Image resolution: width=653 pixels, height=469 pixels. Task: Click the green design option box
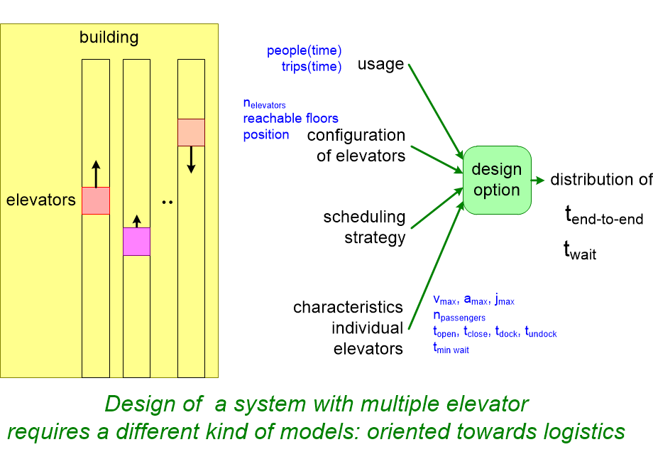tap(497, 180)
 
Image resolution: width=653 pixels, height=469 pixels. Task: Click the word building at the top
tap(109, 37)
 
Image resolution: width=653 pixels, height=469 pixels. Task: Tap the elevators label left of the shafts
tap(40, 200)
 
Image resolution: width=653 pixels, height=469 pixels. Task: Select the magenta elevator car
tap(136, 242)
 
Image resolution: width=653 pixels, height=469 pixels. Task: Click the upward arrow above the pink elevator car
tap(96, 173)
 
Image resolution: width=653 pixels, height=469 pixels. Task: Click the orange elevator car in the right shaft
tap(191, 132)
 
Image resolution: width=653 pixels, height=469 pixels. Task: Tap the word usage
tap(380, 64)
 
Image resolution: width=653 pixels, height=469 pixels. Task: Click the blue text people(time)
tap(304, 50)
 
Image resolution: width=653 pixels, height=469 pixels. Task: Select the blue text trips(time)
tap(311, 68)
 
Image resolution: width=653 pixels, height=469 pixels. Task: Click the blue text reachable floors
tap(290, 118)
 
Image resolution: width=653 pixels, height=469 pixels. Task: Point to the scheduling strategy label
tap(364, 227)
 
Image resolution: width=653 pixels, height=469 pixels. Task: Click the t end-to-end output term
tap(603, 216)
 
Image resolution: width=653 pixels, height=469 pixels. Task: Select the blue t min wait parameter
tap(451, 348)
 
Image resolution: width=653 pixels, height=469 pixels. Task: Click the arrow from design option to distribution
tap(537, 180)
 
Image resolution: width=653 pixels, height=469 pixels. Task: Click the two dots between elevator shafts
tap(168, 203)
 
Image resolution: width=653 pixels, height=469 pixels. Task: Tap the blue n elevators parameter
tap(264, 104)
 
